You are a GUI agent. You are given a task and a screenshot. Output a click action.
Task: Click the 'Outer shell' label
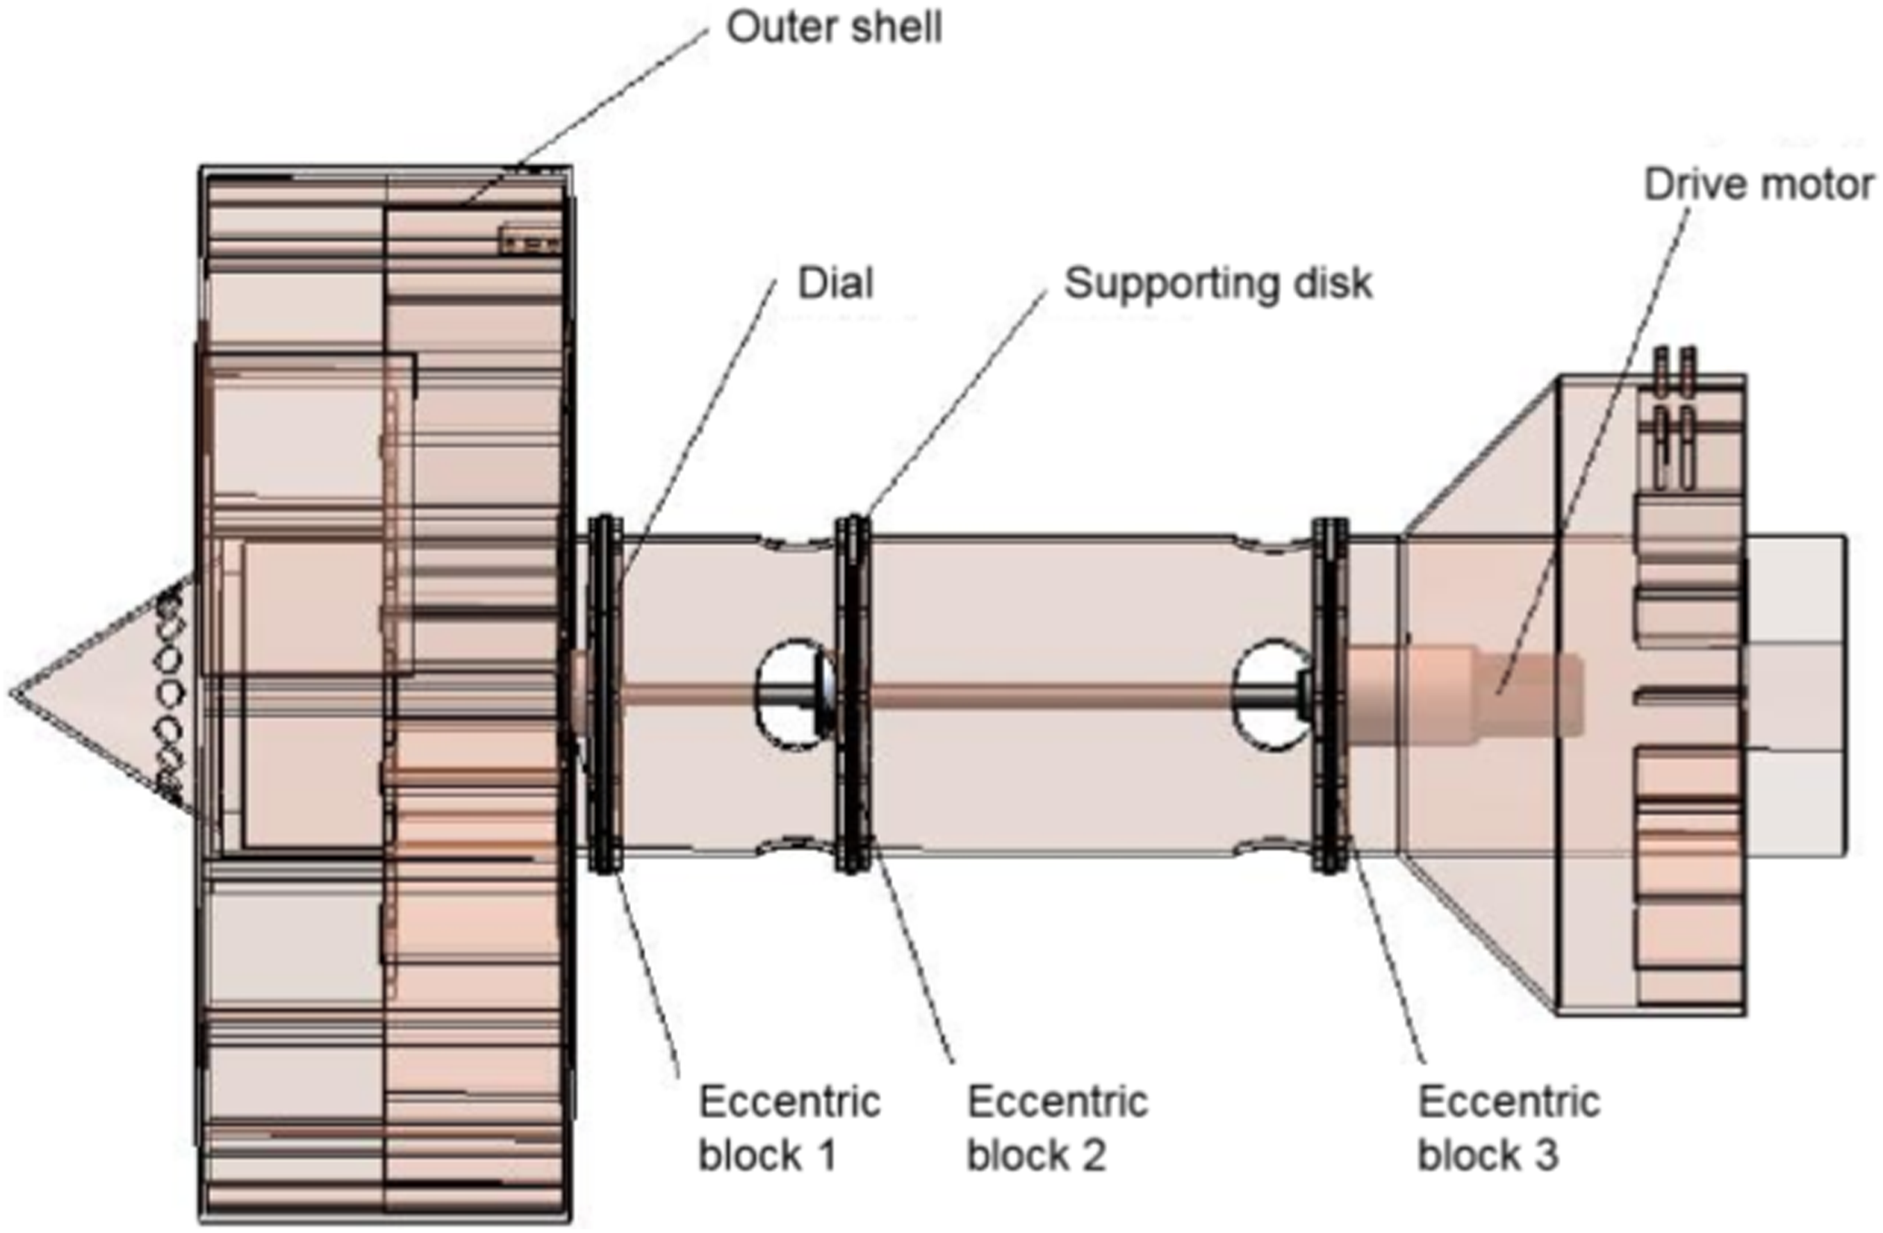(834, 28)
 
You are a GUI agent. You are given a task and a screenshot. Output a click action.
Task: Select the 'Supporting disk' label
(1217, 284)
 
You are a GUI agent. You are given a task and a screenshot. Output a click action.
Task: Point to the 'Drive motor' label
(1759, 184)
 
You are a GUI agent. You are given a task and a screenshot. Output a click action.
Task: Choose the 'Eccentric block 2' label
(1058, 1129)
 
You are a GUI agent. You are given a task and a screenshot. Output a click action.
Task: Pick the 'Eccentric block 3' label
(1508, 1129)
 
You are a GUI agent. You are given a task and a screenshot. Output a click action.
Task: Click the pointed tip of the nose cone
(11, 693)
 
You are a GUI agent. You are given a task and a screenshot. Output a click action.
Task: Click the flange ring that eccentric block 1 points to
(606, 695)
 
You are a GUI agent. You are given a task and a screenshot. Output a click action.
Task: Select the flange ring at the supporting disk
(853, 695)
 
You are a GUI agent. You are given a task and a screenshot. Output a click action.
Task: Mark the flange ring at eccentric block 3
(1330, 695)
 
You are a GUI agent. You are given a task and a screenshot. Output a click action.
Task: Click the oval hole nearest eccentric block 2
(796, 695)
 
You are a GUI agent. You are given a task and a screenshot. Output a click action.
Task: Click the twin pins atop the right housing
(1675, 372)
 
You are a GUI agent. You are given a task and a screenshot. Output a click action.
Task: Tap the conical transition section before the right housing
(1479, 695)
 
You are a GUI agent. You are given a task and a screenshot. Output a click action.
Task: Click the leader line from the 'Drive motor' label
(1593, 451)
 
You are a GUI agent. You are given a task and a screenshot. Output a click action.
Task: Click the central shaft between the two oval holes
(1052, 695)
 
